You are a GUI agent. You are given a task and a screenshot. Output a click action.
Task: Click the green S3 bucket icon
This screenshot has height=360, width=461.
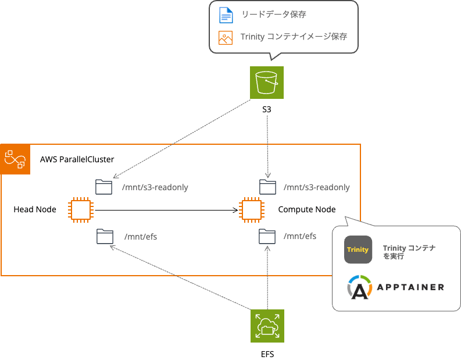click(x=266, y=83)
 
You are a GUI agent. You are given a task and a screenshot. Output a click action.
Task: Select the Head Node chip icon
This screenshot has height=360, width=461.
click(x=80, y=209)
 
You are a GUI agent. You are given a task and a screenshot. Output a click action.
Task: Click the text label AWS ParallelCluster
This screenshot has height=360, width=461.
click(x=77, y=159)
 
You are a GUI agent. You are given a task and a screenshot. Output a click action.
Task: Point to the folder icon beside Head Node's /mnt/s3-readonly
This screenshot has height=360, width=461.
click(x=104, y=187)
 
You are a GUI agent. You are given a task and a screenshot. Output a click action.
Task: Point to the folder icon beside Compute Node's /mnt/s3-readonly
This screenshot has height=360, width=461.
click(x=267, y=187)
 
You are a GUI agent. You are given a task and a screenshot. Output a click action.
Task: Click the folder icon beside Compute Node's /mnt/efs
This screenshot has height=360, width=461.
click(x=267, y=236)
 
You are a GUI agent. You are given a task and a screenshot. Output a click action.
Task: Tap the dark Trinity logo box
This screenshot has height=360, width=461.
click(x=358, y=250)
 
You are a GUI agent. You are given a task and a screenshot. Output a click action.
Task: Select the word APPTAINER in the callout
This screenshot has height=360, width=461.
click(x=410, y=287)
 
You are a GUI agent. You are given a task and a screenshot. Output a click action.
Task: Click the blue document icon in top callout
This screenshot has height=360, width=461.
click(x=225, y=15)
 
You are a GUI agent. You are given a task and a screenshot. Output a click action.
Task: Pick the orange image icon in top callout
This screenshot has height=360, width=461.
click(x=225, y=37)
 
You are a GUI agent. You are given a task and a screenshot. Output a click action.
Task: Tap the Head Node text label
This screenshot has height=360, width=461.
click(x=35, y=209)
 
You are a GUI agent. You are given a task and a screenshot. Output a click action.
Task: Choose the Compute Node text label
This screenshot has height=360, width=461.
click(x=306, y=209)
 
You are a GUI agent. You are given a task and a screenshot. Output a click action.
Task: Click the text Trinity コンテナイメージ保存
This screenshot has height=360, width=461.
click(x=294, y=37)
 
